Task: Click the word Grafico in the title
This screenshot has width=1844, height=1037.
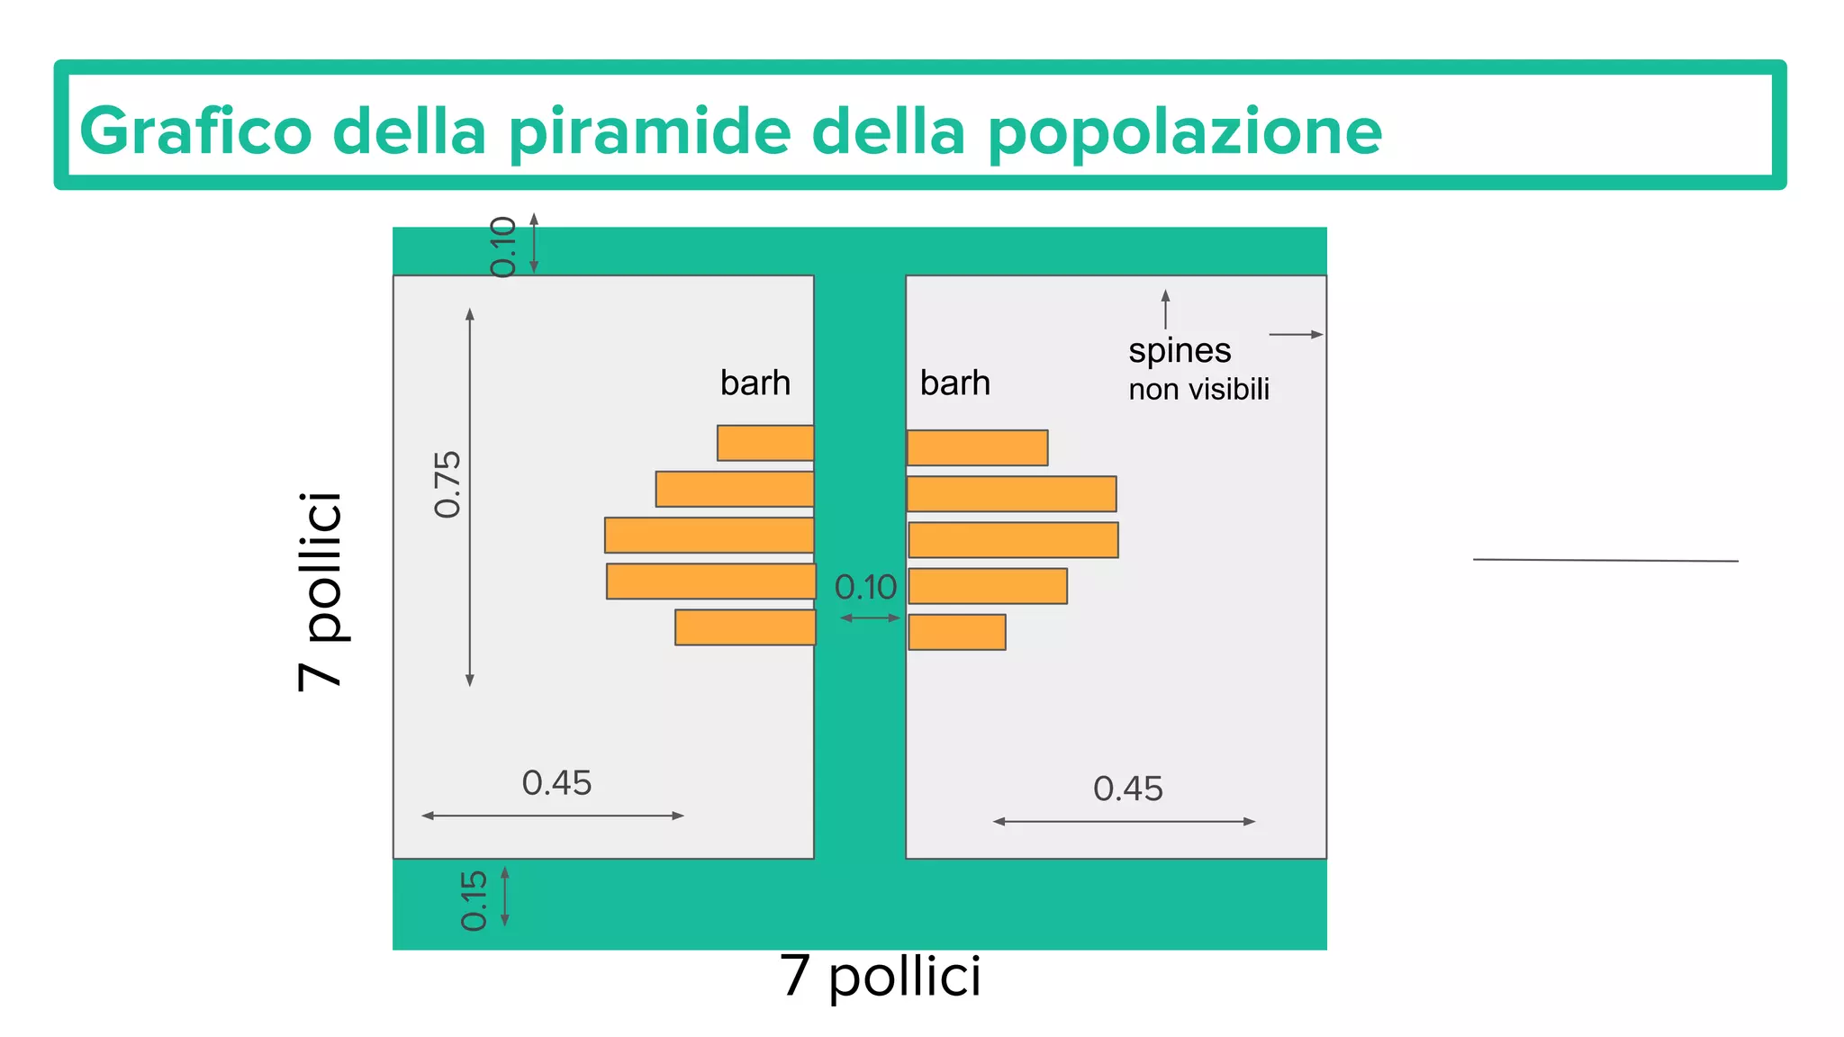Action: click(x=195, y=131)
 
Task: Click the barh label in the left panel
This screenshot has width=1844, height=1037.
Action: click(x=755, y=383)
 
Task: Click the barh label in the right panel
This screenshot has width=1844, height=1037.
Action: click(x=954, y=383)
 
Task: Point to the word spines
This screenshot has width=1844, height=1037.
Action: click(x=1180, y=350)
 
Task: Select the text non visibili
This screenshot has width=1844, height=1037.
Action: click(x=1198, y=390)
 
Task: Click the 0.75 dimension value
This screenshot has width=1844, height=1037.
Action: click(x=447, y=484)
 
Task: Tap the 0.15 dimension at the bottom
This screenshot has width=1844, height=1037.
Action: click(x=474, y=900)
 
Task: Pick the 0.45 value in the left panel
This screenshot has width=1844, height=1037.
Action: click(x=556, y=783)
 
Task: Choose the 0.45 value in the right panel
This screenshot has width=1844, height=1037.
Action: click(x=1127, y=789)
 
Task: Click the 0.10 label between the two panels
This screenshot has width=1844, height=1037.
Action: click(x=865, y=588)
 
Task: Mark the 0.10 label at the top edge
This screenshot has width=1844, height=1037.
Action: click(x=503, y=247)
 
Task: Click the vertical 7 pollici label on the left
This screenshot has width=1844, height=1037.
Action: click(x=321, y=591)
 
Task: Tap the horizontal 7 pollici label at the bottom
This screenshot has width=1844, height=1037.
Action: click(x=880, y=976)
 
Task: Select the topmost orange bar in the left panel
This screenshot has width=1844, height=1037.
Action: click(x=765, y=443)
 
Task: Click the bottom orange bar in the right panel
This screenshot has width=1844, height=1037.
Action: click(x=957, y=632)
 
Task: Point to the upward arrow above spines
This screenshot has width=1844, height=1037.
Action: click(x=1165, y=309)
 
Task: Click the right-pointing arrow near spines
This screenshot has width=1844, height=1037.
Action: click(x=1296, y=335)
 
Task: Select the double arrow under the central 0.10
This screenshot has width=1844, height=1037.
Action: click(x=870, y=618)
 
